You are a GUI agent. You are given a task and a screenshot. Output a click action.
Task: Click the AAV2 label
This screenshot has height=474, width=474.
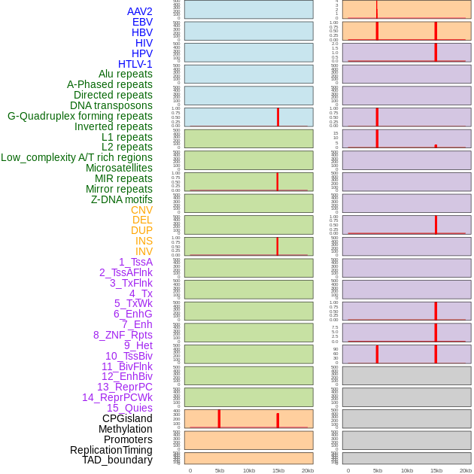point(140,11)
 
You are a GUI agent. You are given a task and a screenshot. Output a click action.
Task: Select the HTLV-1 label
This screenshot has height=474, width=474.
point(135,64)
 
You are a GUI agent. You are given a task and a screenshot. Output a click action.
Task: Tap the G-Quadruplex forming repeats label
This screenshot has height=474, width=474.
point(80,117)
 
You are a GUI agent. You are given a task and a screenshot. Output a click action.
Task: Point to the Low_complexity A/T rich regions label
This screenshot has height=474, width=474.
point(77,157)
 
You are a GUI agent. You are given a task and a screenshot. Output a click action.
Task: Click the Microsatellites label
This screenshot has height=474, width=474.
point(119,168)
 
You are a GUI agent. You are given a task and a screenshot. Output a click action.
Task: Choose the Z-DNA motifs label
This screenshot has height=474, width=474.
point(122,199)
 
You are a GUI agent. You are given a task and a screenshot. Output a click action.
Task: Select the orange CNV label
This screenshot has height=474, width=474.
point(141,210)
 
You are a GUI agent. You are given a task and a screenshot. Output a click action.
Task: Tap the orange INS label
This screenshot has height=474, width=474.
point(144,241)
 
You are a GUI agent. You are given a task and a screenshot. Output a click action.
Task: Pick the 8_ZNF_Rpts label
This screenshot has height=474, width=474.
point(123,335)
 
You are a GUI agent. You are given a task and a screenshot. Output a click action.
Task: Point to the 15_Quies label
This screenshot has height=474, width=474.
point(129,408)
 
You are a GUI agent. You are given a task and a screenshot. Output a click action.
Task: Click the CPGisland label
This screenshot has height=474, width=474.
point(127,418)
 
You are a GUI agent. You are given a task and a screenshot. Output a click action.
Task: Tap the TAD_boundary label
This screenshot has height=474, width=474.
point(117,460)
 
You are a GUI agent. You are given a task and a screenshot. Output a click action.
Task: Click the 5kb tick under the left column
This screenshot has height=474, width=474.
point(220,470)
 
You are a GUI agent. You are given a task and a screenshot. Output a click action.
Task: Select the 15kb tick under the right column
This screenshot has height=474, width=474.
point(436,470)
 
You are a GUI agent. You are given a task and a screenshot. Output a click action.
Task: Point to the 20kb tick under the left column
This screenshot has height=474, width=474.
point(308,470)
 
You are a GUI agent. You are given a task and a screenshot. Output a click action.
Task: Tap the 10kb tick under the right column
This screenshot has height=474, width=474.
point(407,470)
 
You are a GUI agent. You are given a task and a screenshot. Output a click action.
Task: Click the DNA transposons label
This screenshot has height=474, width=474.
point(111,105)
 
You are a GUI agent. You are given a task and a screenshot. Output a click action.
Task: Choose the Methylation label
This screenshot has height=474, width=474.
point(125,429)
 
